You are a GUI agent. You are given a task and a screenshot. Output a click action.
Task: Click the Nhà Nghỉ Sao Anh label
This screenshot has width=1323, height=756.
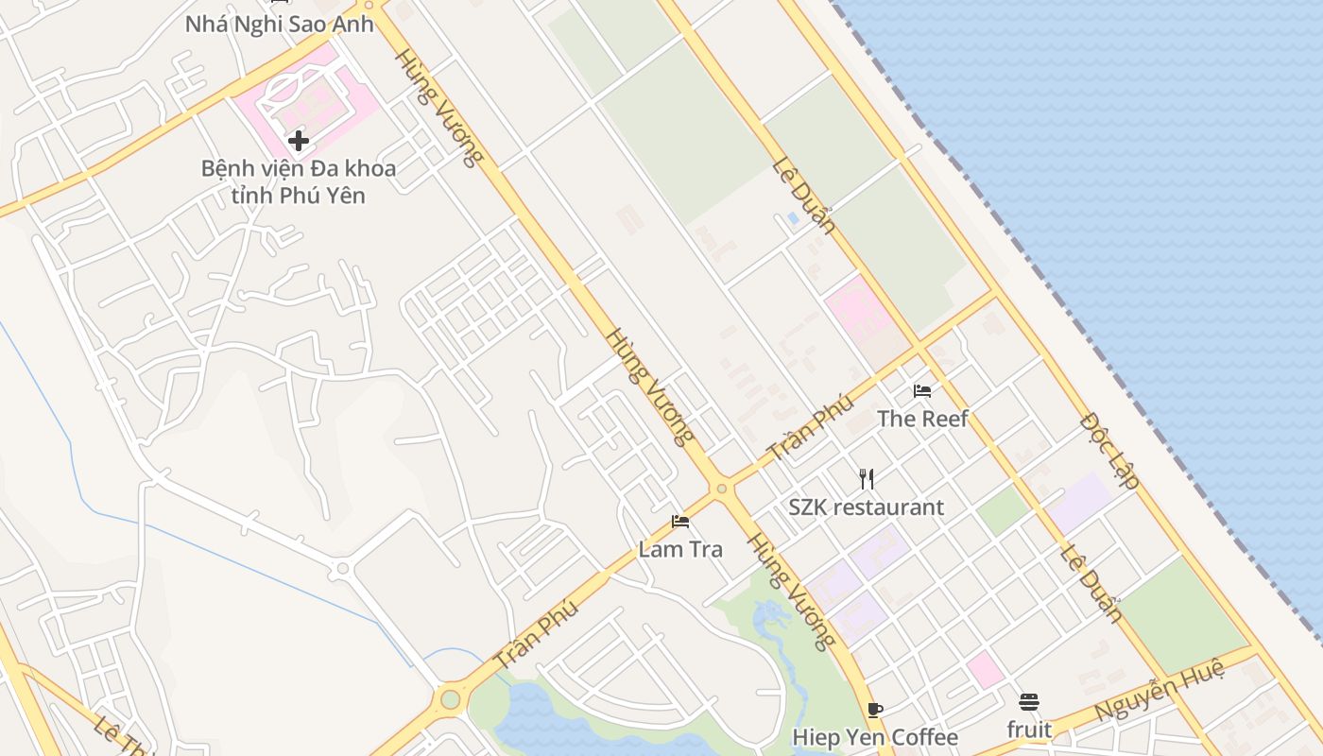279,24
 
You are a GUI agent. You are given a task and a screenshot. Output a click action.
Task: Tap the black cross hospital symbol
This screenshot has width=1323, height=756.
299,141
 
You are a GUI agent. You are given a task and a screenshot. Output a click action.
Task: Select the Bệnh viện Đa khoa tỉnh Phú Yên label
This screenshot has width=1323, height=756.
298,182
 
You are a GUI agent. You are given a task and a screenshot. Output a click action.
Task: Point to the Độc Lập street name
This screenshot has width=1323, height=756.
1109,450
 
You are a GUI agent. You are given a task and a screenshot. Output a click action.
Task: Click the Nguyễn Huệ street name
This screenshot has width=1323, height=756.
1160,691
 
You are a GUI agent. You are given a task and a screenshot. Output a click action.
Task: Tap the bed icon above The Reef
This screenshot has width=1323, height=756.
922,390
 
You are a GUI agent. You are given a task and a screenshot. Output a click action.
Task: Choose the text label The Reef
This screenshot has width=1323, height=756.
922,418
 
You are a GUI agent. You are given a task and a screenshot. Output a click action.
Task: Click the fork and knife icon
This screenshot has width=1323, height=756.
867,479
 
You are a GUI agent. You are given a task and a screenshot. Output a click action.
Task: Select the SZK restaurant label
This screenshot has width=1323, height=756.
867,507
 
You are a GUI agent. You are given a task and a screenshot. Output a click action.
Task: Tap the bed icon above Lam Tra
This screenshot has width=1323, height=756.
680,522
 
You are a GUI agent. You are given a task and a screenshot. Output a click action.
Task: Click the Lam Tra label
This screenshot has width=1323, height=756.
680,549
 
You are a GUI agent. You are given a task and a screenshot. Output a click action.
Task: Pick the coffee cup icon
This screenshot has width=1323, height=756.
875,710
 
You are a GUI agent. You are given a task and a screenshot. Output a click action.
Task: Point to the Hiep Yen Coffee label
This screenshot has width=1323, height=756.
875,737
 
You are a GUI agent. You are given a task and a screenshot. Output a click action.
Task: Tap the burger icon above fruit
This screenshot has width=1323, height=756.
1029,703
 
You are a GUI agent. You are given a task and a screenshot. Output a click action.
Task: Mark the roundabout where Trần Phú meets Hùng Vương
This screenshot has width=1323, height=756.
722,489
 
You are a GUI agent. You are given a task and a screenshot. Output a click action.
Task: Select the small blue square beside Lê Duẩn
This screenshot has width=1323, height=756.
793,217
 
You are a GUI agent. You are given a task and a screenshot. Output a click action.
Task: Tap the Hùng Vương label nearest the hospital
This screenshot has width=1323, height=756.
438,107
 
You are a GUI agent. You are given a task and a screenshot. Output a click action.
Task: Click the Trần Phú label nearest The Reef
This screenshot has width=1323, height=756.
811,427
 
